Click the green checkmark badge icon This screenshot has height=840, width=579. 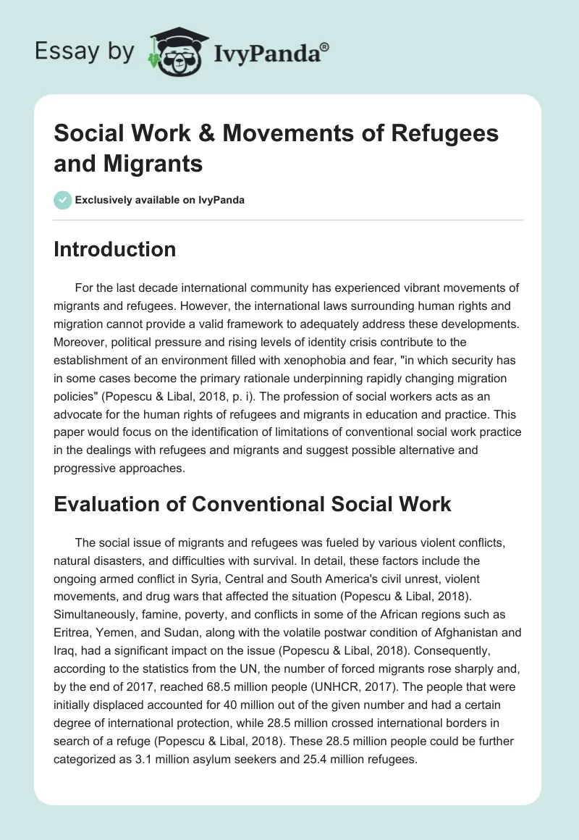[62, 200]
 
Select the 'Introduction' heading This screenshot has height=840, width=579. [114, 249]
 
